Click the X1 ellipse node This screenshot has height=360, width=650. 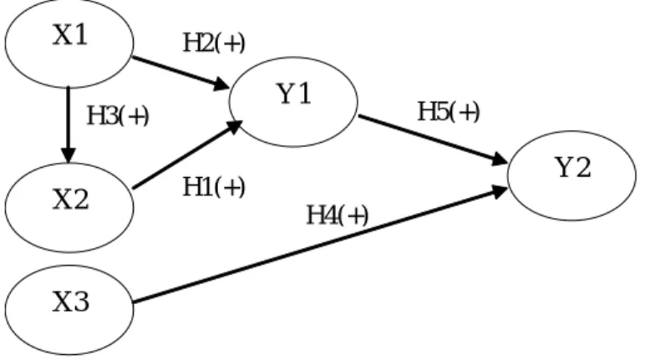tap(69, 43)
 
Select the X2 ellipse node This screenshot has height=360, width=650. tap(69, 207)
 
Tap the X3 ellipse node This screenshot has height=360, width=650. tap(69, 310)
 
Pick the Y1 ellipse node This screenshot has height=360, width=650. tap(293, 102)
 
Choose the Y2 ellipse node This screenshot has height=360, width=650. tap(572, 175)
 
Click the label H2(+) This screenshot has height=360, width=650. tap(214, 43)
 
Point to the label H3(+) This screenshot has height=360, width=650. tap(118, 115)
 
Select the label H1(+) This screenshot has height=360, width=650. tap(214, 187)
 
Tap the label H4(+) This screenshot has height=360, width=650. tap(337, 215)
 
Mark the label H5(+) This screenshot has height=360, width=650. tap(449, 112)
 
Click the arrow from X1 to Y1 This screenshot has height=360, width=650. tap(180, 73)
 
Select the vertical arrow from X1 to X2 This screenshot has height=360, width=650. tap(69, 124)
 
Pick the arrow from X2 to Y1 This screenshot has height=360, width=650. tap(187, 155)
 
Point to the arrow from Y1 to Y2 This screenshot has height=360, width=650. tap(434, 140)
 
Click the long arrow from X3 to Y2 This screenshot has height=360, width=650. tap(321, 245)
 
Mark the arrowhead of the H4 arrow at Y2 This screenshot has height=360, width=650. tap(499, 191)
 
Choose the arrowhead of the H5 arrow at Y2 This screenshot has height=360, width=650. tap(500, 160)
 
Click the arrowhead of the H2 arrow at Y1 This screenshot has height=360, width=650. tap(221, 85)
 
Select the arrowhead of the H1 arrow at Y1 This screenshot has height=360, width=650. tap(234, 126)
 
